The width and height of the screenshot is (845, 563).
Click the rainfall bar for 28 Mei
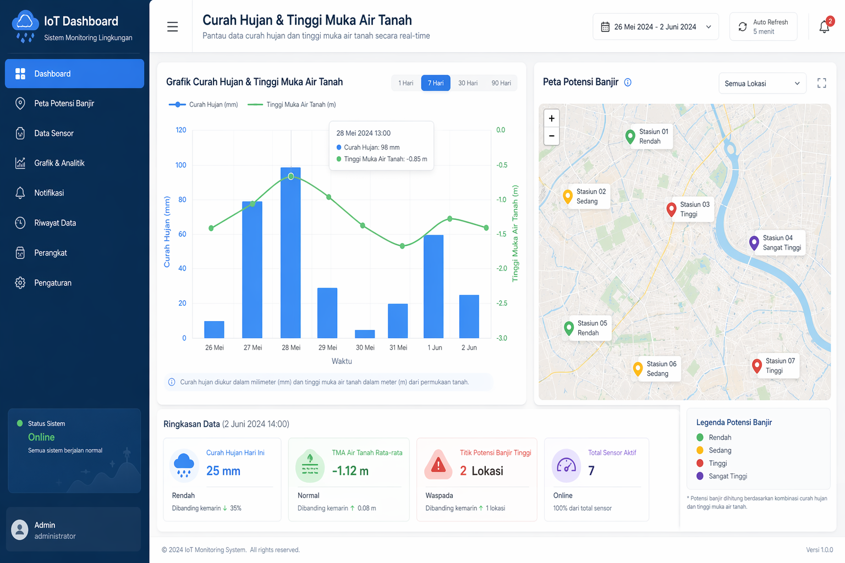290,253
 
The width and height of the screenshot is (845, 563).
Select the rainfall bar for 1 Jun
434,286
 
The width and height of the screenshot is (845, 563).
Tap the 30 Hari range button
468,83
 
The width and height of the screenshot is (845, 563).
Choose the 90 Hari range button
501,83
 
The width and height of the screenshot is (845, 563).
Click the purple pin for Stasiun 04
754,242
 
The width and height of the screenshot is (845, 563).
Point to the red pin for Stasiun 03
671,209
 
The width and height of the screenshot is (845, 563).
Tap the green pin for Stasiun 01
630,136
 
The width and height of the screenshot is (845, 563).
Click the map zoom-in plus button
551,118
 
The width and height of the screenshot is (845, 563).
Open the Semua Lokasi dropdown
762,84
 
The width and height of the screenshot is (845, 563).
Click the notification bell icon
824,27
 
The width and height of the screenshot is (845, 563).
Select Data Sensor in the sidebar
54,134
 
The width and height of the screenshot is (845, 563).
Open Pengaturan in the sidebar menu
53,283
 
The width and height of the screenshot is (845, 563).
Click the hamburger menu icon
172,27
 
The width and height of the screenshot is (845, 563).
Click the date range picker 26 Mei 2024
655,27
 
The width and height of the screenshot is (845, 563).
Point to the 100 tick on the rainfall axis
181,165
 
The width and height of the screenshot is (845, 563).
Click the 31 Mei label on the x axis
398,347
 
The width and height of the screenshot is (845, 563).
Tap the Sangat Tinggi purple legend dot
700,476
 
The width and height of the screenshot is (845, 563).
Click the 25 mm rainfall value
223,471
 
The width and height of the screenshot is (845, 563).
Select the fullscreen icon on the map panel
821,83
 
